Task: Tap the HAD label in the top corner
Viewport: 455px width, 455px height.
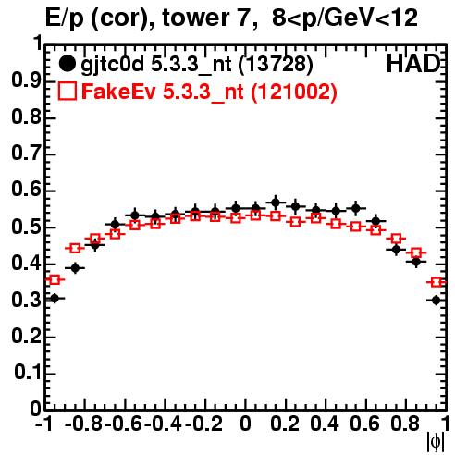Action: pos(413,64)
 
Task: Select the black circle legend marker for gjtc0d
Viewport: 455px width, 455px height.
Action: pos(67,64)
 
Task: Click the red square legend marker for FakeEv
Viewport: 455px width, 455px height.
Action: pos(68,91)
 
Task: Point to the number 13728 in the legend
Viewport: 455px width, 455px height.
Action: pos(276,64)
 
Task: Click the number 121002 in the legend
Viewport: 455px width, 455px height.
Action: pos(293,92)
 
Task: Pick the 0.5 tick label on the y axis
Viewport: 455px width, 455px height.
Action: pos(26,227)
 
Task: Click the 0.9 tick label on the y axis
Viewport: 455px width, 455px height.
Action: pos(26,81)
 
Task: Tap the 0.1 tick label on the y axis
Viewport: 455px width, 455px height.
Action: pos(28,373)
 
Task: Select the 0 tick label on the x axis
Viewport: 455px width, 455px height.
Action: pos(245,424)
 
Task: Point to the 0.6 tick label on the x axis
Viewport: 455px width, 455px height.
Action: pos(364,424)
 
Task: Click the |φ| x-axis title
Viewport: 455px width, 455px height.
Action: pos(435,442)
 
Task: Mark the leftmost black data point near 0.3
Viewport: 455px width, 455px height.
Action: pos(55,298)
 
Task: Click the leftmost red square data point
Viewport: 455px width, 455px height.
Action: pos(55,280)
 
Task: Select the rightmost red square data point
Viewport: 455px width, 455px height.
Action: pos(437,282)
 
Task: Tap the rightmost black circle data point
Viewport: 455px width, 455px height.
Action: pos(436,300)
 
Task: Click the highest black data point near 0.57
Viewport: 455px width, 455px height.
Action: pos(276,203)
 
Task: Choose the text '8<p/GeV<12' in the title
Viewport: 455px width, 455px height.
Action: pos(345,18)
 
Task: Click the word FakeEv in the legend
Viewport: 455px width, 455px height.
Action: pos(118,92)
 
